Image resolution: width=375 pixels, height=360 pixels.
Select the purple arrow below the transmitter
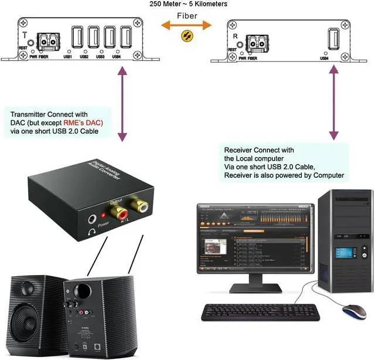point(122,103)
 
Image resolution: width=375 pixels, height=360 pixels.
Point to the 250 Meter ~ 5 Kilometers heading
point(188,4)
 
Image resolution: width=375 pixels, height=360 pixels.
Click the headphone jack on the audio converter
point(93,220)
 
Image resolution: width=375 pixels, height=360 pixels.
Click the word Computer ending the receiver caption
point(329,175)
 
